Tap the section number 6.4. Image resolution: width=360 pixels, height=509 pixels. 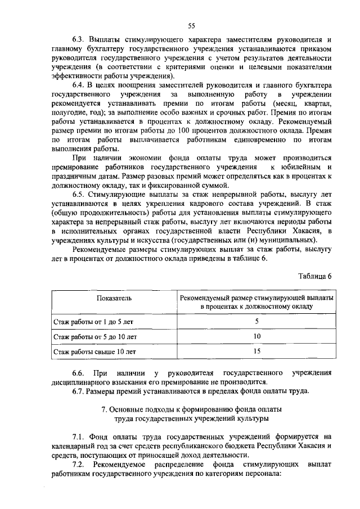79,85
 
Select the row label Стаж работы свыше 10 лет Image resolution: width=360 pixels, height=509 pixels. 94,352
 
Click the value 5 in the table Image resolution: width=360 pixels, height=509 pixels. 256,322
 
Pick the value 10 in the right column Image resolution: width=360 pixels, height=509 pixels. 256,337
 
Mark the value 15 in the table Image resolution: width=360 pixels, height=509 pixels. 256,352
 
